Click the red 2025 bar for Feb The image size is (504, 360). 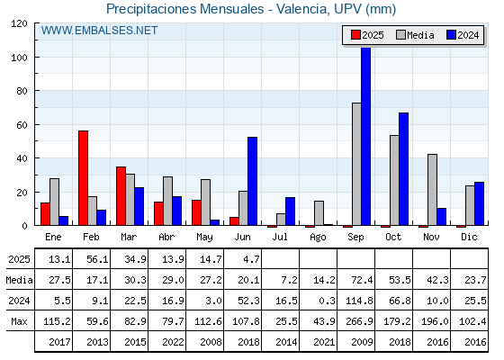pos(83,178)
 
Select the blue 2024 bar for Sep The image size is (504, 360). pos(365,136)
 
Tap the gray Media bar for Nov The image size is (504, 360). pos(432,190)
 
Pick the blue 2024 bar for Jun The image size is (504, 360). pos(252,181)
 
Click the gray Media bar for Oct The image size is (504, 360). pos(394,180)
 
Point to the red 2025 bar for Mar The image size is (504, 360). pos(121,196)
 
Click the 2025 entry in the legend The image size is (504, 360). pos(367,35)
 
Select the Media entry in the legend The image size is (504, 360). pos(415,35)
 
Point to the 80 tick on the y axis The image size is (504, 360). pos(36,91)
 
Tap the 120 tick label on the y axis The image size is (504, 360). pos(19,23)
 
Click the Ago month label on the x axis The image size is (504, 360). pos(318,238)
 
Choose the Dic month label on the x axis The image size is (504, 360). pos(469,237)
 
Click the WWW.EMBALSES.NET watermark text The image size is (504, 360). pos(99,31)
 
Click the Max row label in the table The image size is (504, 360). pos(19,321)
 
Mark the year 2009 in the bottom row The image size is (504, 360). pos(362,342)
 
